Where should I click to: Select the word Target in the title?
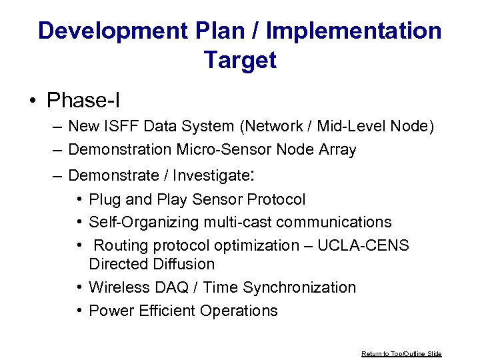click(x=240, y=60)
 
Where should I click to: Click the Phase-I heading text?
click(x=83, y=101)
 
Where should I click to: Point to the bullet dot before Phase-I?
click(x=33, y=101)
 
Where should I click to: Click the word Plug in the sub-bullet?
click(x=105, y=199)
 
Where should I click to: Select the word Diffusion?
click(x=185, y=264)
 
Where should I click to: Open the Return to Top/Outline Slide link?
click(x=401, y=353)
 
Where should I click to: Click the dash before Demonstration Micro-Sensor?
click(x=59, y=150)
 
